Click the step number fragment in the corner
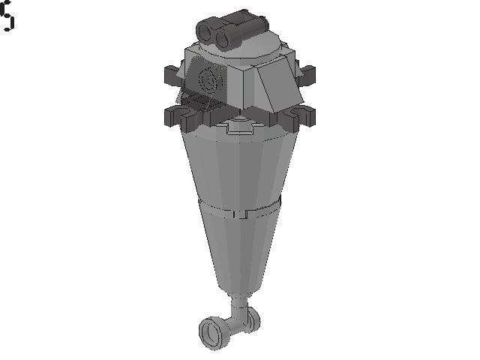(x=7, y=16)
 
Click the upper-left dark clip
(x=171, y=74)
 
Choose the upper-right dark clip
(x=306, y=74)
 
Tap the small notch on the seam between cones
(x=239, y=214)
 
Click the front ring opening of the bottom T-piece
(x=212, y=331)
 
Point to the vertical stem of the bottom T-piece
(x=238, y=307)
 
